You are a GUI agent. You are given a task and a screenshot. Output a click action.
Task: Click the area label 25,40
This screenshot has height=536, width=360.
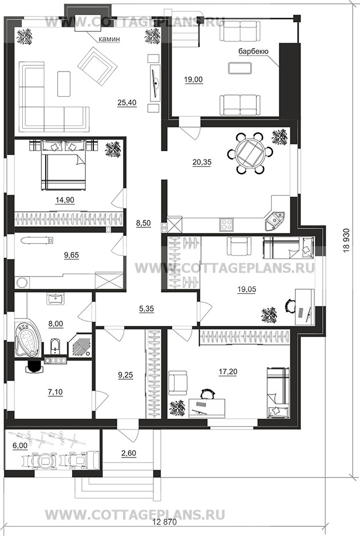pyautogui.click(x=126, y=102)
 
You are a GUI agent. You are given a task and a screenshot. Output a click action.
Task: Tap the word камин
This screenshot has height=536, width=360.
pyautogui.click(x=109, y=40)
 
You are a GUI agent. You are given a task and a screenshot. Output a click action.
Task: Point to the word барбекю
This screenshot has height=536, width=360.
pyautogui.click(x=253, y=52)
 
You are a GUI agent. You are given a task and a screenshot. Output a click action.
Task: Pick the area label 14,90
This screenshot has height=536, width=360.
pyautogui.click(x=65, y=200)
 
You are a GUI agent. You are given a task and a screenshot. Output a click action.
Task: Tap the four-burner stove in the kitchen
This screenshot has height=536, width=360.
pyautogui.click(x=227, y=224)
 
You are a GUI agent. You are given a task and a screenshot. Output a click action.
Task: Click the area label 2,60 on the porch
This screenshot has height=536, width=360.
pyautogui.click(x=128, y=454)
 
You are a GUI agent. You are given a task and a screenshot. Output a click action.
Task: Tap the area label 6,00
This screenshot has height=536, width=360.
pyautogui.click(x=20, y=447)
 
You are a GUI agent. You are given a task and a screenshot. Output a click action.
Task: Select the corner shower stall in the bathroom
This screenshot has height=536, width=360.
pyautogui.click(x=81, y=345)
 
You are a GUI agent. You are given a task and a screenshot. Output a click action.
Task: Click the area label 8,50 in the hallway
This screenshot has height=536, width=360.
pyautogui.click(x=144, y=223)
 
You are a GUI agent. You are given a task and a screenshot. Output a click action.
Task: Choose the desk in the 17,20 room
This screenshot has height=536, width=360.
pyautogui.click(x=207, y=408)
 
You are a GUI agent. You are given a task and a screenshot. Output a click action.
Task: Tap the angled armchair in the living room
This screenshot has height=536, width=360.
pyautogui.click(x=97, y=64)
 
